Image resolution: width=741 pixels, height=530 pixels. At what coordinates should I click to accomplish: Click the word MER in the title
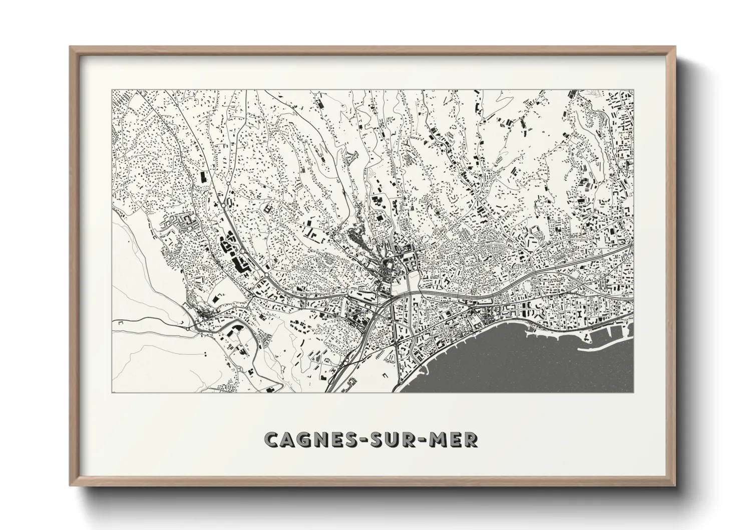tap(453, 439)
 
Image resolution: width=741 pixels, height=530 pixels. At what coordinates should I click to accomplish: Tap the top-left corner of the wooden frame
tap(71, 48)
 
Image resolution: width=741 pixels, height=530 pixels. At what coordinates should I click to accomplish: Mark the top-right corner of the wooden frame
tap(674, 48)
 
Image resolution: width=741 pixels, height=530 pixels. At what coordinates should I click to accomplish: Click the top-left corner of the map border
tap(112, 90)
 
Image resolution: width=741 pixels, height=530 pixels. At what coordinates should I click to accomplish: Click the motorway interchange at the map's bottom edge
tap(340, 381)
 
